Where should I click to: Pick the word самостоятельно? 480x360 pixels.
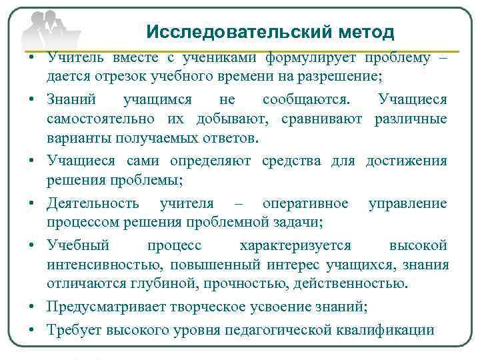click(x=99, y=119)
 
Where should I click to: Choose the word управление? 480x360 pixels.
click(x=407, y=203)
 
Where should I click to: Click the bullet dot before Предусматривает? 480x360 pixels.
click(x=32, y=307)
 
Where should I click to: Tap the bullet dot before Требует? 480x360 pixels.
click(x=32, y=330)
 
